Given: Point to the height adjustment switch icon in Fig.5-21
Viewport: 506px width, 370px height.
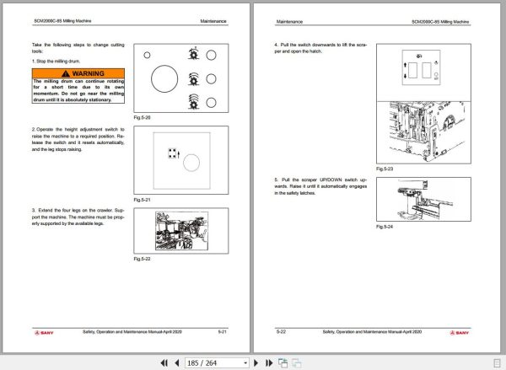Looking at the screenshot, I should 171,153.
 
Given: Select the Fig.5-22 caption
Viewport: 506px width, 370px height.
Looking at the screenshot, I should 143,258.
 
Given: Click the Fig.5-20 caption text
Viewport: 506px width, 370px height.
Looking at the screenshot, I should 143,119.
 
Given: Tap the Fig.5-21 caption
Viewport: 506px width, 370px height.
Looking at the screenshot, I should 143,199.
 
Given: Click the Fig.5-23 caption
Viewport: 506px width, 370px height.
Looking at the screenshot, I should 385,168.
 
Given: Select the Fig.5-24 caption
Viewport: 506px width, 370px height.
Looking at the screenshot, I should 385,227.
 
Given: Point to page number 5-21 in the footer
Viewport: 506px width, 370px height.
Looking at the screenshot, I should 221,333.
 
